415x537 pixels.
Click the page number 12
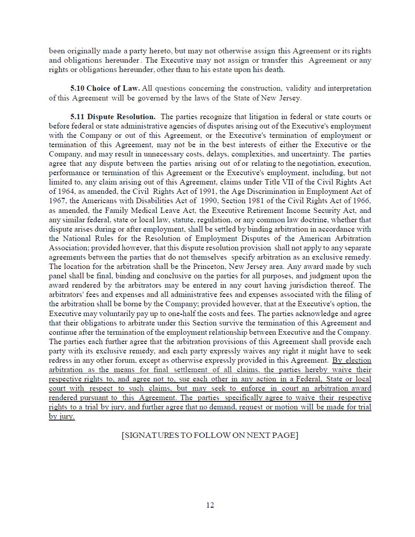[x=210, y=505]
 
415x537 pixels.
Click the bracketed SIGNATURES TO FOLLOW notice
[x=210, y=435]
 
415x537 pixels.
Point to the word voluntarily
[x=122, y=313]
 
